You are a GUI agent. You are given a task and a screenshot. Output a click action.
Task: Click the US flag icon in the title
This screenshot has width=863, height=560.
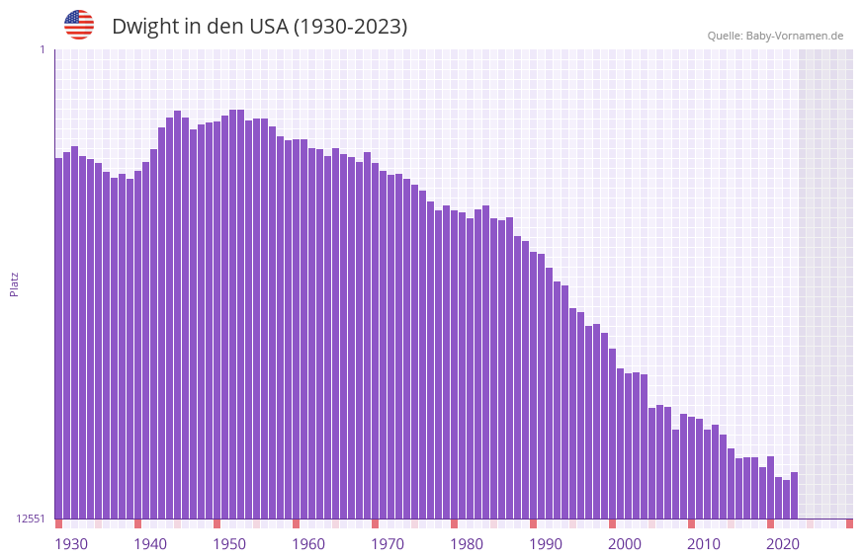(79, 25)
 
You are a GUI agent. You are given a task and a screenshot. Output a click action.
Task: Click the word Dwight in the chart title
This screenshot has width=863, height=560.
(144, 27)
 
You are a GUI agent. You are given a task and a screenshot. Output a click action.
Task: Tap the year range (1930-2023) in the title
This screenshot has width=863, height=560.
(350, 27)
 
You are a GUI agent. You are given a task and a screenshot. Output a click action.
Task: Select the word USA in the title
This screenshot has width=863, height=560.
(266, 27)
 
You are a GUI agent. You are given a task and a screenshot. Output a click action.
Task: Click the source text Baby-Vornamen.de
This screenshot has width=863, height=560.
(794, 36)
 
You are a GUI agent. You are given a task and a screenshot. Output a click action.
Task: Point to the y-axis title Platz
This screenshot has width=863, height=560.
(14, 284)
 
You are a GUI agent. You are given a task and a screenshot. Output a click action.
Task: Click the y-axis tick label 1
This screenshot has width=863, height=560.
(42, 49)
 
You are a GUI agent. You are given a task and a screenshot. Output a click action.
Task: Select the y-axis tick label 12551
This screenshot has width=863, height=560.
(31, 519)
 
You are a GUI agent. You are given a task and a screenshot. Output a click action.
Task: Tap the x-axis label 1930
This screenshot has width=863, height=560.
(71, 544)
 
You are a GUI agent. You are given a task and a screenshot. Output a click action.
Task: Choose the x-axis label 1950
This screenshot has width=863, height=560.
(229, 544)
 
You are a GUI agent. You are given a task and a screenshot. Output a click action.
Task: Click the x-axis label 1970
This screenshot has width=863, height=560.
(388, 544)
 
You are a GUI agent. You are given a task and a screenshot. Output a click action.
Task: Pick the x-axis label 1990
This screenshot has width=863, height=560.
(546, 544)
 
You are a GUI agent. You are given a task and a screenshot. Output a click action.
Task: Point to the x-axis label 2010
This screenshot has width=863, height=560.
(704, 544)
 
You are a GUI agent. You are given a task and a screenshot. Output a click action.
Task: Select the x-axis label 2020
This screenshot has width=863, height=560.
(783, 544)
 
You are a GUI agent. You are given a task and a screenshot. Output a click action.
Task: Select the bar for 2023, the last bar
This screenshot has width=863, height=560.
(795, 496)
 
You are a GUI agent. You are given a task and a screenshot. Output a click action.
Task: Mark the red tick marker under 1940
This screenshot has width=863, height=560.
(138, 523)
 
